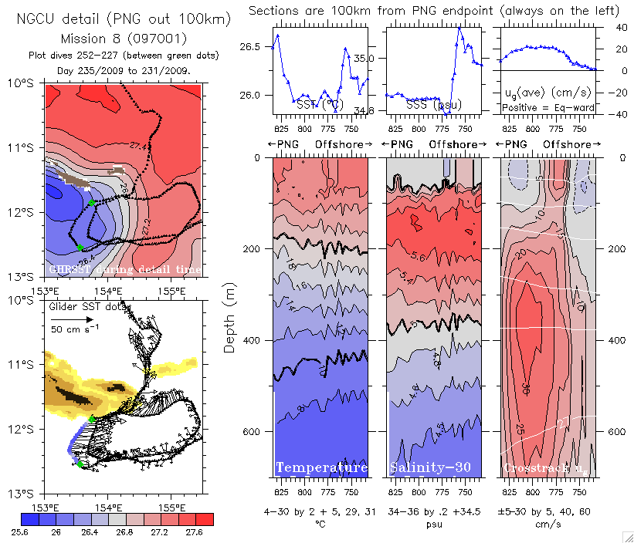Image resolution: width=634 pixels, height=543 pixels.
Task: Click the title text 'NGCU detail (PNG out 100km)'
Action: (x=114, y=19)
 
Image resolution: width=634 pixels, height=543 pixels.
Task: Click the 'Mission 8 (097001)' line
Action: (x=114, y=39)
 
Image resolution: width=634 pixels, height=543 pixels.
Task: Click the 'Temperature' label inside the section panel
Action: (x=321, y=468)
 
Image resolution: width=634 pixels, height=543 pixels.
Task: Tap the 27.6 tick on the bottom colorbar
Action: (x=197, y=532)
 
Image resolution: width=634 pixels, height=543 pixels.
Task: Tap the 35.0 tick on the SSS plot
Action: (x=364, y=59)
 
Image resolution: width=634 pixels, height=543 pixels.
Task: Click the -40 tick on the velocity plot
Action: (x=609, y=114)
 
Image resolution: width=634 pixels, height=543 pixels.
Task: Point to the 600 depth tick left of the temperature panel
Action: (x=258, y=431)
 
